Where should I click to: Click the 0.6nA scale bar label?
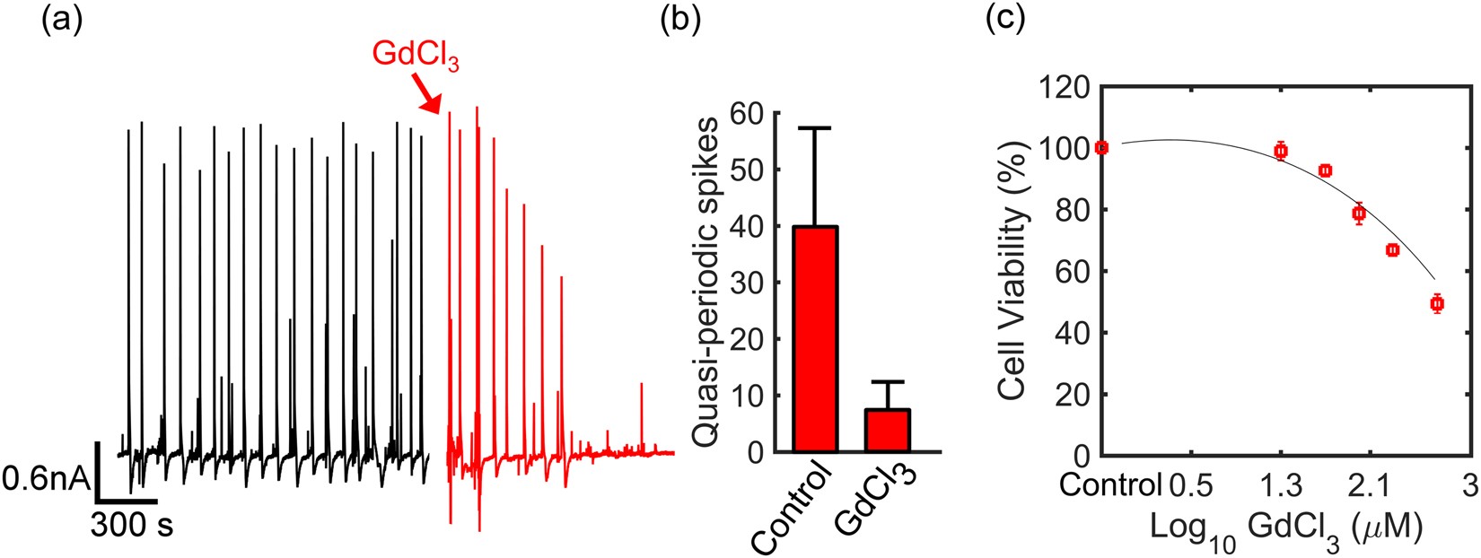[46, 480]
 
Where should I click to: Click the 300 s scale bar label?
[131, 525]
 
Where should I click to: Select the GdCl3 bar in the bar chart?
[887, 431]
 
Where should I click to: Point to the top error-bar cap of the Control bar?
[815, 128]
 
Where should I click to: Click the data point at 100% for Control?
[1102, 148]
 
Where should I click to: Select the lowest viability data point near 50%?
[1436, 304]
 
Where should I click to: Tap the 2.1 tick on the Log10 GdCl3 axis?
[1370, 486]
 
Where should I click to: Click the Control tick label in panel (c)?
[1109, 486]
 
